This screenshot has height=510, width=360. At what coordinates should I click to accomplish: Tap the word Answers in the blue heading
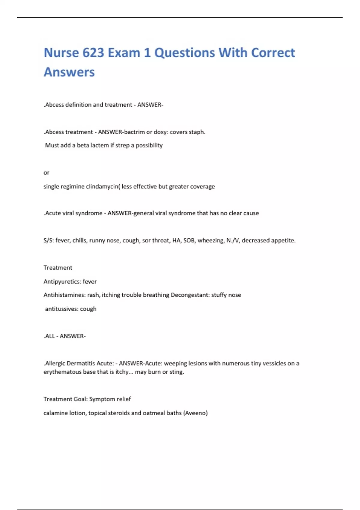coord(69,72)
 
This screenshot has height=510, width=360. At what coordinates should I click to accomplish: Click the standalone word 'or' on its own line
coord(46,172)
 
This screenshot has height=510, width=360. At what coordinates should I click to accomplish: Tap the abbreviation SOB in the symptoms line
coord(189,240)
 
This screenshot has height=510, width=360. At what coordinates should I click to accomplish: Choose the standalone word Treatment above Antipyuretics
coord(58,268)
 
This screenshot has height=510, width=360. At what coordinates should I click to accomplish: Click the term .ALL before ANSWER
coord(49,336)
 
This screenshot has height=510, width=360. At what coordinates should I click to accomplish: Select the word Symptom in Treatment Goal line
coord(102,399)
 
